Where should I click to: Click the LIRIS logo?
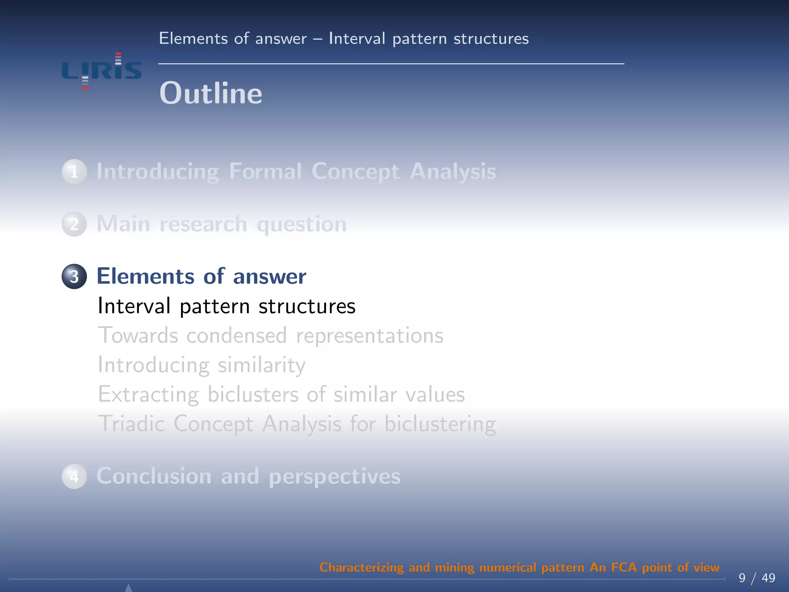(x=102, y=71)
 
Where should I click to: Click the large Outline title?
(x=211, y=93)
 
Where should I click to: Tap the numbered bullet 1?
(x=74, y=172)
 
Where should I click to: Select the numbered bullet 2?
(x=74, y=224)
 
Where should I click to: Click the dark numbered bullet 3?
(x=74, y=276)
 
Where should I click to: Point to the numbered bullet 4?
(x=74, y=476)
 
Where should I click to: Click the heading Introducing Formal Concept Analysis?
(x=296, y=172)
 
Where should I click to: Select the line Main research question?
(x=222, y=224)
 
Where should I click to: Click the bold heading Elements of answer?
(x=201, y=276)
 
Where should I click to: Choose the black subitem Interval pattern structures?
(x=227, y=306)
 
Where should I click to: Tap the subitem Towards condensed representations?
(x=270, y=335)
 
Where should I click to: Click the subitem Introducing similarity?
(x=201, y=365)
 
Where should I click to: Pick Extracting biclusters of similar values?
(x=281, y=394)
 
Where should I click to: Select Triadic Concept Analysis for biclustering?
(x=297, y=424)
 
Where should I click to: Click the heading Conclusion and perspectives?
(x=248, y=476)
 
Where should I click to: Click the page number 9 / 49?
(x=757, y=578)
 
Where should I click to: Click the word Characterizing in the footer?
(x=361, y=567)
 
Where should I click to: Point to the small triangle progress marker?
(x=129, y=588)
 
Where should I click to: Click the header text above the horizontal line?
(x=344, y=39)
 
